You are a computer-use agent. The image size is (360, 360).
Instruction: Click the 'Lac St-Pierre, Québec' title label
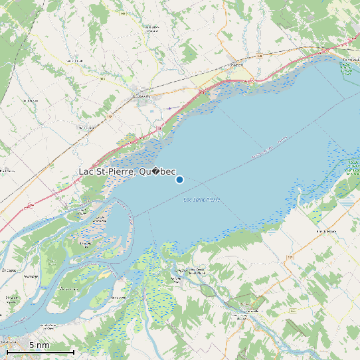127,172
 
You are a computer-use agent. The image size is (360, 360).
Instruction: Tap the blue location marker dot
179,179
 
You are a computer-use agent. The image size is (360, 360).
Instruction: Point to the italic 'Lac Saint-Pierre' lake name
201,199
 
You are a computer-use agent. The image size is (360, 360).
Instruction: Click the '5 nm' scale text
39,345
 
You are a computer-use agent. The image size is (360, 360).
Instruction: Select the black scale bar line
40,351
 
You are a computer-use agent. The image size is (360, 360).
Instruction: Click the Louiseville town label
141,96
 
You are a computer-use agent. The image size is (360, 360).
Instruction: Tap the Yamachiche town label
236,64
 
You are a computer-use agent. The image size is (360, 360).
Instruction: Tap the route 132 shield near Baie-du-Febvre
290,256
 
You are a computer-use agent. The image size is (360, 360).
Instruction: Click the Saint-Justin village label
29,100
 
